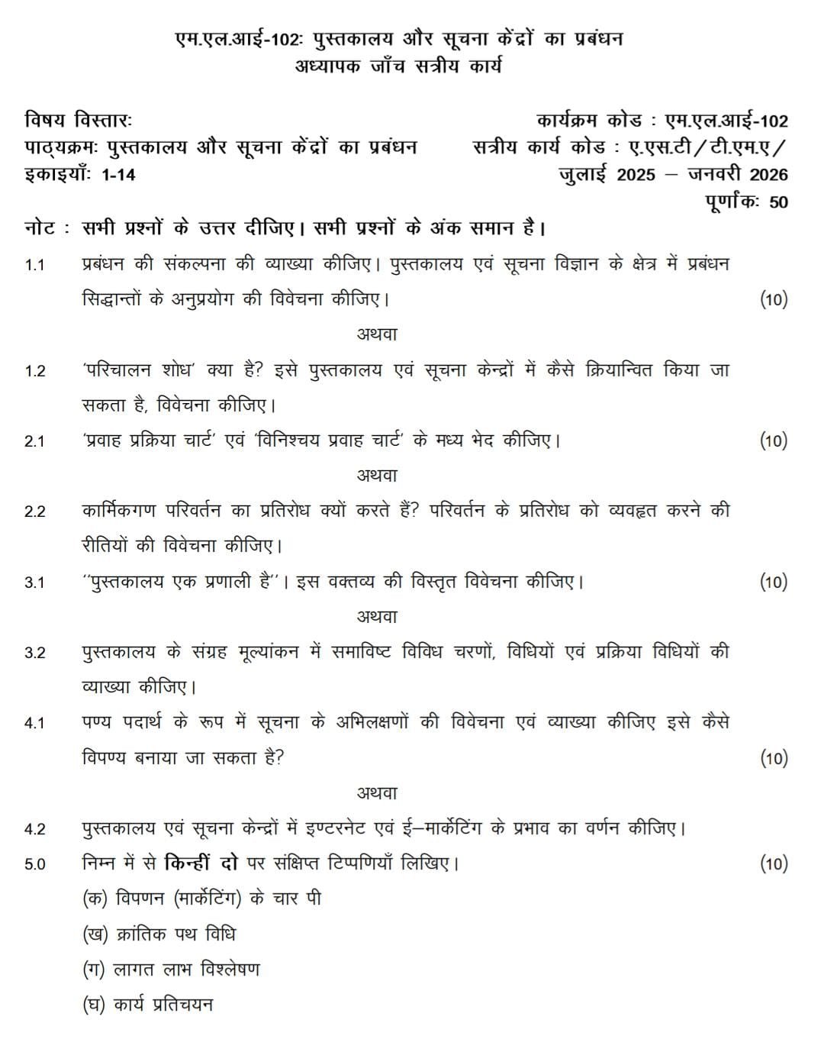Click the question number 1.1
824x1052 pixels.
(34, 265)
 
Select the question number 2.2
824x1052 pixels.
(34, 511)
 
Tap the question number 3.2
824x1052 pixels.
(34, 653)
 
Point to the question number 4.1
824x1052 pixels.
(34, 723)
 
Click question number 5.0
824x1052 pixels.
(34, 864)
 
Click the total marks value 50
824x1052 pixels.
(778, 202)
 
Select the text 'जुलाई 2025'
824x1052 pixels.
(607, 175)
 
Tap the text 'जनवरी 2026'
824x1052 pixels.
(737, 175)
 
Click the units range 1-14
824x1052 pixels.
(117, 175)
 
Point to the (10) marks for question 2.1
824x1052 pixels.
(773, 440)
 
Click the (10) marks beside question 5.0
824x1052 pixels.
(773, 864)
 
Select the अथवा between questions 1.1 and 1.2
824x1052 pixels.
(377, 334)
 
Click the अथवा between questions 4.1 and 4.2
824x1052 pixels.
(377, 793)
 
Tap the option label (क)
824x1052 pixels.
(95, 899)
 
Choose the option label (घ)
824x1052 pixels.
(95, 1005)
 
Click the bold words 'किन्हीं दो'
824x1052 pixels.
(201, 863)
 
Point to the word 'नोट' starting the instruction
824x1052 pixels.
(39, 228)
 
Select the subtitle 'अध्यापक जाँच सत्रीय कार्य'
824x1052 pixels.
(398, 66)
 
